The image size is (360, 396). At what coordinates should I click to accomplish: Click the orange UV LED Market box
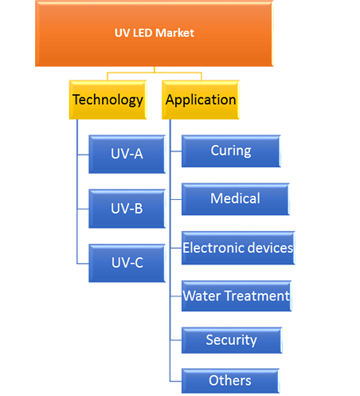(154, 33)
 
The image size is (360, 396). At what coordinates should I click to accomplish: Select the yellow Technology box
(108, 100)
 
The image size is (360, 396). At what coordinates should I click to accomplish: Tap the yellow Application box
(201, 100)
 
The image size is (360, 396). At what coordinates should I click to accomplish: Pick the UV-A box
(127, 155)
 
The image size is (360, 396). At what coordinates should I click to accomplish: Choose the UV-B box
(127, 209)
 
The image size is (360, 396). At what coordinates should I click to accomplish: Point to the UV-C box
(127, 263)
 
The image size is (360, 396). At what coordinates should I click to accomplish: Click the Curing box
(231, 151)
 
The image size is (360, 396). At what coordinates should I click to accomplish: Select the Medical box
(236, 199)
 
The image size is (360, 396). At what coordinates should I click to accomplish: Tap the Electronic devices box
(238, 248)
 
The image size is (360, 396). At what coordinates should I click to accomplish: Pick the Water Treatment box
(237, 296)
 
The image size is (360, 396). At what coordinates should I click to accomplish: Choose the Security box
(232, 340)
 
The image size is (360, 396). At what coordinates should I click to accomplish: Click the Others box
(230, 381)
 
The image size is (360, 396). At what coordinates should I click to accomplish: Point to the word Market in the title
(174, 33)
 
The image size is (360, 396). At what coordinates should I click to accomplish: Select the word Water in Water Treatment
(202, 296)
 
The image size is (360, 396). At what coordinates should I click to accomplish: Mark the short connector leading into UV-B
(83, 209)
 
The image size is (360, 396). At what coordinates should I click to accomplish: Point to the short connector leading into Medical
(176, 199)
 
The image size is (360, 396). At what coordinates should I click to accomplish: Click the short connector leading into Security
(176, 340)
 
